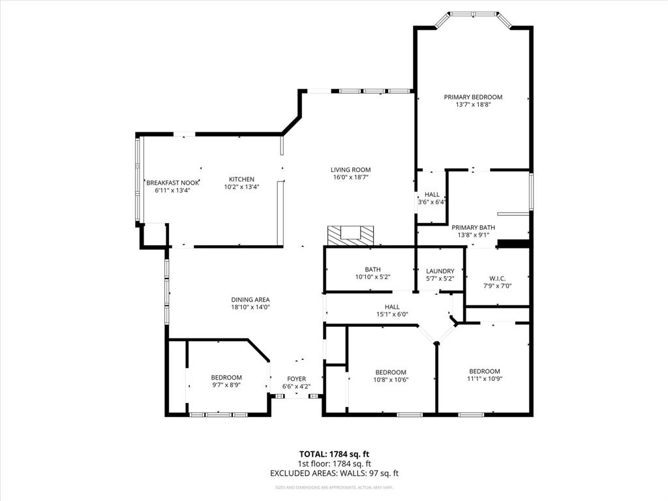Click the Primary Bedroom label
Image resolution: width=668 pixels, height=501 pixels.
[473, 97]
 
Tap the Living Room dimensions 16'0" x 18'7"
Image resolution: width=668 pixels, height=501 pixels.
[350, 177]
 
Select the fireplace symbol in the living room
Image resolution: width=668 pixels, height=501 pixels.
[351, 235]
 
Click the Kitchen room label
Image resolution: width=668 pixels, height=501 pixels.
[241, 179]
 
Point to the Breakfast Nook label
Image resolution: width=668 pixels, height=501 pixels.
[172, 183]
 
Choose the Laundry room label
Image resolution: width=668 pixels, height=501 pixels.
[440, 271]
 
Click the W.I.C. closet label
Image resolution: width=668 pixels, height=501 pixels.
[497, 277]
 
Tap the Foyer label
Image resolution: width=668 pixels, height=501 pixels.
[296, 379]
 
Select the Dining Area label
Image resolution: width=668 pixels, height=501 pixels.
[250, 300]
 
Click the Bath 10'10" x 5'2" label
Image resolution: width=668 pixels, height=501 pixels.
[372, 269]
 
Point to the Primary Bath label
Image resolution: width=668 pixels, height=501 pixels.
[473, 228]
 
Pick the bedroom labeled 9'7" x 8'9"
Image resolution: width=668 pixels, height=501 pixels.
[226, 378]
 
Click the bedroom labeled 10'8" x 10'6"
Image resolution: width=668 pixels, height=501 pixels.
[390, 372]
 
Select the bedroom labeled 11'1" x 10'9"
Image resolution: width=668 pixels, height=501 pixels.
[484, 371]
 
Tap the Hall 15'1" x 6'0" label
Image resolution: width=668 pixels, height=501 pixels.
[392, 307]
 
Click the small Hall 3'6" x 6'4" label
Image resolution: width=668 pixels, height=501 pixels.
[432, 194]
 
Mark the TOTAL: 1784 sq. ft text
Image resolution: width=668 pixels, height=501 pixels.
[334, 453]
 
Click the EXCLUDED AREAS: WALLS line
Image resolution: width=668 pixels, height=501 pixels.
[334, 474]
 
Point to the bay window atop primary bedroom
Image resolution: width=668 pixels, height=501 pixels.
[473, 14]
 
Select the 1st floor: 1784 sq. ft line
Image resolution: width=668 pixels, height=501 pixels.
[334, 464]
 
